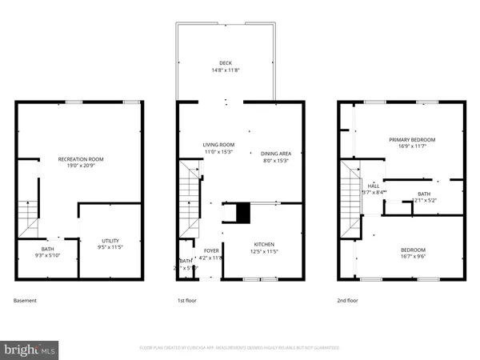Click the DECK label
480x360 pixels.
tap(226, 63)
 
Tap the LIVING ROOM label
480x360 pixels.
tap(218, 144)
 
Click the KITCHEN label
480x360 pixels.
tap(264, 244)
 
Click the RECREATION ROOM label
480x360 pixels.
tap(81, 159)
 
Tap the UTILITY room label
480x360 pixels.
tap(110, 241)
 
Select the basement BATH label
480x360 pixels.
tap(47, 249)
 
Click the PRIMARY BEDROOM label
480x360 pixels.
tap(412, 139)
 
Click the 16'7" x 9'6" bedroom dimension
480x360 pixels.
tap(413, 257)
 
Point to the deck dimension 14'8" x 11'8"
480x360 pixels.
tap(226, 70)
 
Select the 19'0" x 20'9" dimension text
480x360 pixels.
tap(81, 166)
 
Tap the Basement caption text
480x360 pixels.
tap(25, 301)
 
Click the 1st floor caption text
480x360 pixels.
tap(186, 301)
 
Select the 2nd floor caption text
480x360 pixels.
tap(348, 301)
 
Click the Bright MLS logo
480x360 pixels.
tap(30, 350)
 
